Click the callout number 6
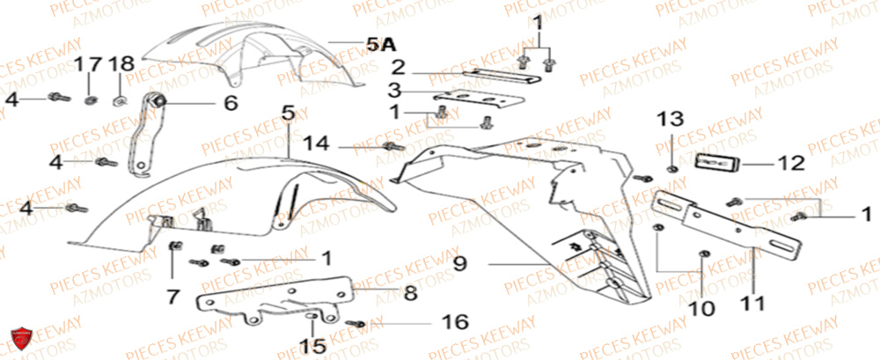click(230, 104)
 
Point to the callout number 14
click(319, 143)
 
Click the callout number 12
click(790, 162)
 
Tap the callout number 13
click(671, 119)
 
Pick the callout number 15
click(314, 346)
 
